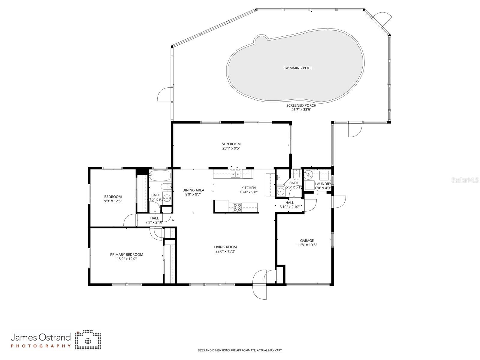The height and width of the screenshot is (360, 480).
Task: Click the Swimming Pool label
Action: pyautogui.click(x=298, y=68)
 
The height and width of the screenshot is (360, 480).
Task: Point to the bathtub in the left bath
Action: pyautogui.click(x=160, y=175)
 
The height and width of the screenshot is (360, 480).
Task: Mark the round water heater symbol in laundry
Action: pyautogui.click(x=308, y=174)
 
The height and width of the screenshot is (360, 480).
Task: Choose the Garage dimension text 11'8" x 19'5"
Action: pyautogui.click(x=307, y=245)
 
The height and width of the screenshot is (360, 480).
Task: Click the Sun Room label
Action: pyautogui.click(x=231, y=144)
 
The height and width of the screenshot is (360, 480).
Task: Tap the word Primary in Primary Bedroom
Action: pyautogui.click(x=117, y=255)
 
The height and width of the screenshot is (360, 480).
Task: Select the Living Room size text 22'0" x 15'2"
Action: pyautogui.click(x=225, y=252)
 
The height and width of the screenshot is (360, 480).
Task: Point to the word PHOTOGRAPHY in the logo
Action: pyautogui.click(x=41, y=346)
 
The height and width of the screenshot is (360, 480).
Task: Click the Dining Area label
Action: pyautogui.click(x=193, y=190)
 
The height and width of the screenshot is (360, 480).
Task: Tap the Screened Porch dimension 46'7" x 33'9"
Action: pyautogui.click(x=301, y=110)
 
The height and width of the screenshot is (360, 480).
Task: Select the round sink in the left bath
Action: pyautogui.click(x=167, y=198)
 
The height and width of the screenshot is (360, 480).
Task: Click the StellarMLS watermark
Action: pyautogui.click(x=465, y=180)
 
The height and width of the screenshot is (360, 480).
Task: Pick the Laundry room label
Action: pyautogui.click(x=323, y=184)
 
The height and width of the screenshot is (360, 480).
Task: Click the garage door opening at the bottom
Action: pyautogui.click(x=308, y=284)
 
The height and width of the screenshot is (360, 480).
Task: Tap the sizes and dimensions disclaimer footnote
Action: pyautogui.click(x=240, y=350)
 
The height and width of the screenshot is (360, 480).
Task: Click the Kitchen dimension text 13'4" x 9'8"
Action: pyautogui.click(x=249, y=192)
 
